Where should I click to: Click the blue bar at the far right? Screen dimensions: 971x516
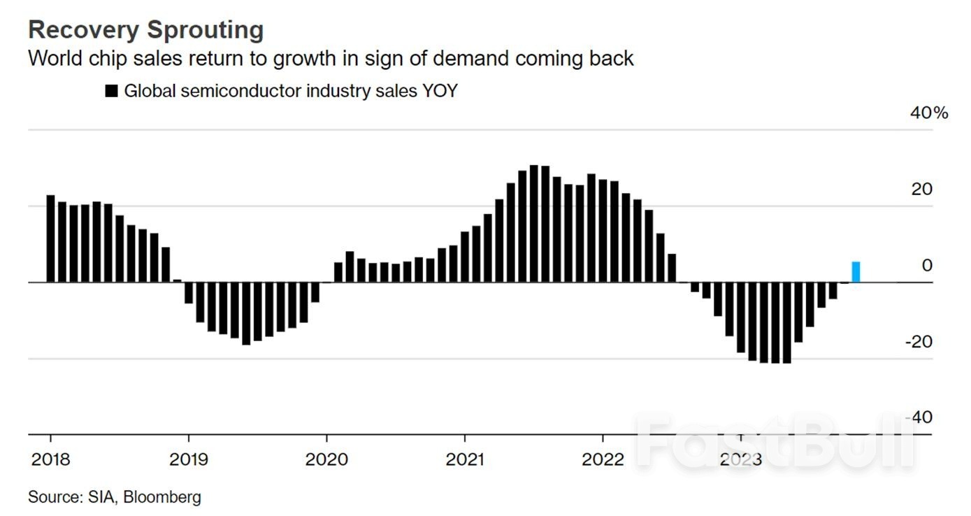point(856,272)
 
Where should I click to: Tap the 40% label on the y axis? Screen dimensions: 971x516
point(929,113)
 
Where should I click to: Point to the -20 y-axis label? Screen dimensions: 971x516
point(919,342)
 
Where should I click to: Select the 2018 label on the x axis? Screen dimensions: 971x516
point(51,459)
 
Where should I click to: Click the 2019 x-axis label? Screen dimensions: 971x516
point(189,459)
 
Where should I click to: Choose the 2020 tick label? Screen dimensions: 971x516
point(326,459)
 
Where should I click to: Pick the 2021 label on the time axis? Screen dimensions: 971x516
point(465,459)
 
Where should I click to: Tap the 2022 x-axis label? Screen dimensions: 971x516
point(603,459)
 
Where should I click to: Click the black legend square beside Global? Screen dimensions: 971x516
point(111,91)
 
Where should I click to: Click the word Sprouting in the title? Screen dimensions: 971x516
point(205,30)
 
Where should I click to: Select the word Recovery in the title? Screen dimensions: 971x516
point(84,30)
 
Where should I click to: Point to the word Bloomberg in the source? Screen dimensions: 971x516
point(162,497)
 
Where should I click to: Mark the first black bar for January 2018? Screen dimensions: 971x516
point(51,239)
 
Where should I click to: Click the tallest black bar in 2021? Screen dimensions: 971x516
point(534,224)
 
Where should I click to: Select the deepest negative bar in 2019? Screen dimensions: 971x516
point(246,313)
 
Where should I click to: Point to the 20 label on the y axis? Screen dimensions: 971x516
point(921,189)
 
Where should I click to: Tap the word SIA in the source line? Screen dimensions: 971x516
point(102,497)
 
